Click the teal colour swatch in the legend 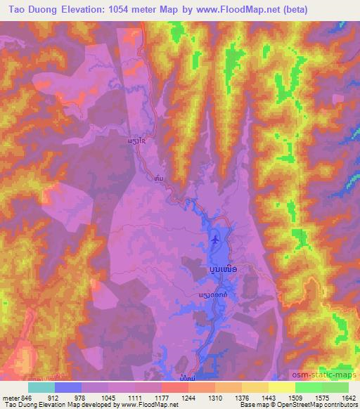pos(41,387)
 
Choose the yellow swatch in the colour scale pos(281,387)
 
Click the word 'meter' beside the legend pos(12,398)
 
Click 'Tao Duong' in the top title pos(33,11)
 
